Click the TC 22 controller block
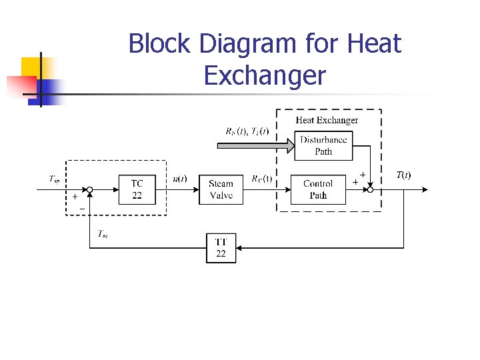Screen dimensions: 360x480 (137, 189)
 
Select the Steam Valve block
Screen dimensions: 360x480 (221, 189)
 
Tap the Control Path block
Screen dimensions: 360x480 (318, 189)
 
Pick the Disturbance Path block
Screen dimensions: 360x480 (323, 145)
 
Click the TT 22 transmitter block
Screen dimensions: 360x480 (221, 248)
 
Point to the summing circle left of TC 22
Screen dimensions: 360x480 (89, 189)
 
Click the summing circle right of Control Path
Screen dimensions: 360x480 (369, 189)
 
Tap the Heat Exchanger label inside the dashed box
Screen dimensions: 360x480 (327, 121)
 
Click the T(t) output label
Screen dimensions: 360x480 (403, 175)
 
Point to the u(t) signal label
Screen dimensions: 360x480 (180, 179)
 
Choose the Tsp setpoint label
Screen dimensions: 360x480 (55, 178)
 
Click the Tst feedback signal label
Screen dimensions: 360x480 (103, 233)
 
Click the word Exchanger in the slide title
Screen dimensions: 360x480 (265, 75)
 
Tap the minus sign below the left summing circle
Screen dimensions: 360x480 (82, 209)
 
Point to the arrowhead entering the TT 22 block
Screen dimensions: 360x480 (239, 248)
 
